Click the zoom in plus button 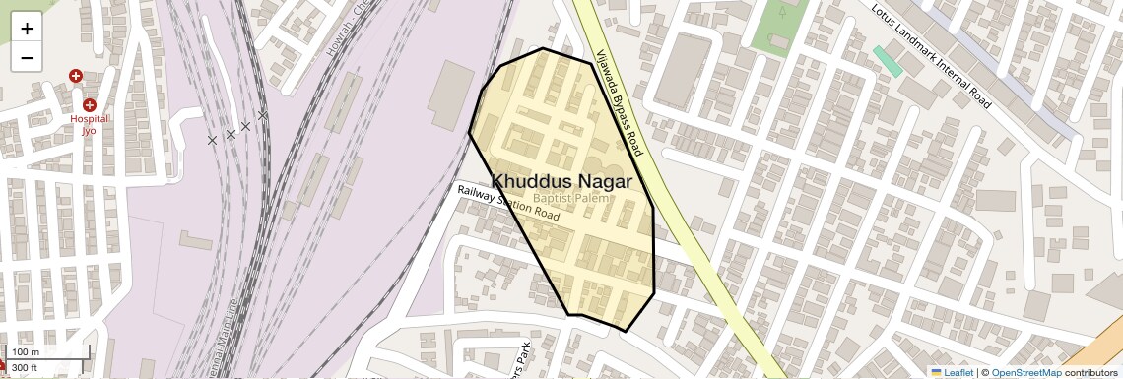27,29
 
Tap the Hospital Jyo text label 89,124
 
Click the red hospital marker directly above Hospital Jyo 90,104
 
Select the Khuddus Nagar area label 561,181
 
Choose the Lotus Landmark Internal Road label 930,55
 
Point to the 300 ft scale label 25,368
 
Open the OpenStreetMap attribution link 1025,372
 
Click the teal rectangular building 888,61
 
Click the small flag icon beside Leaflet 936,372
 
